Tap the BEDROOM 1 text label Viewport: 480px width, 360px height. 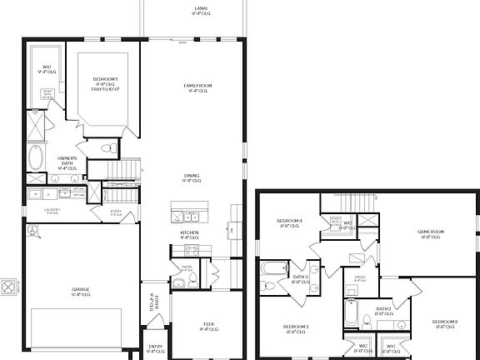pos(105,81)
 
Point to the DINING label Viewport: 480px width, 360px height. pos(192,177)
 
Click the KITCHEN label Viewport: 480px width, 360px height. pos(190,235)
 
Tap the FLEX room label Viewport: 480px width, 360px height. pos(208,327)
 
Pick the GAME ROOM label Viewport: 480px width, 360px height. pos(431,235)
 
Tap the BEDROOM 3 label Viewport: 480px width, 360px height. pos(295,327)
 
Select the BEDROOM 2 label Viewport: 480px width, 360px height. pos(444,323)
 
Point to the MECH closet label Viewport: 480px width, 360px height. pos(360,278)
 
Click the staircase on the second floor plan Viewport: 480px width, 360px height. pos(357,203)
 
